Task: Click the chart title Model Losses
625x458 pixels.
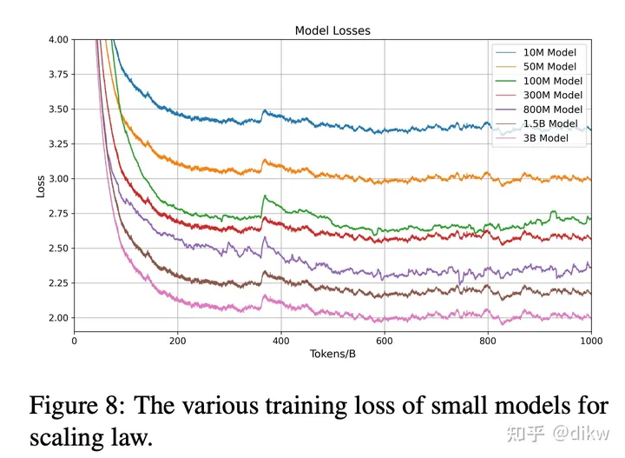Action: coord(332,30)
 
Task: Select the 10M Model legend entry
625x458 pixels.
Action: coord(550,52)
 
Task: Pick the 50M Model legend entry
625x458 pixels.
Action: coord(550,66)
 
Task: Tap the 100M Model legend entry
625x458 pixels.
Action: coord(553,81)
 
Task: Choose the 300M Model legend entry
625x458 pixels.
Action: coord(553,95)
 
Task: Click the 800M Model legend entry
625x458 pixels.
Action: coord(553,109)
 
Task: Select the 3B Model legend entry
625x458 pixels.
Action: coord(546,137)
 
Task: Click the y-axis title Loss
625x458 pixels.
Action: coord(41,185)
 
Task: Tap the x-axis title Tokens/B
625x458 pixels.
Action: coord(332,355)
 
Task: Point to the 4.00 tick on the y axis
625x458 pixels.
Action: coord(57,40)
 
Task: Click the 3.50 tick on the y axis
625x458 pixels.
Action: coord(57,110)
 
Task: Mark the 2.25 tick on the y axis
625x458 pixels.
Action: coord(57,283)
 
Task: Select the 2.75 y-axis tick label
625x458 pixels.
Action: coord(57,214)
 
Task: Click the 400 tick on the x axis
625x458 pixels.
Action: coord(280,340)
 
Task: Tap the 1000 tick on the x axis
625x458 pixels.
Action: coord(591,340)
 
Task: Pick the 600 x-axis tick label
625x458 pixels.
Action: coord(385,340)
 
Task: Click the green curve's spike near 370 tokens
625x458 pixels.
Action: coord(264,197)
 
